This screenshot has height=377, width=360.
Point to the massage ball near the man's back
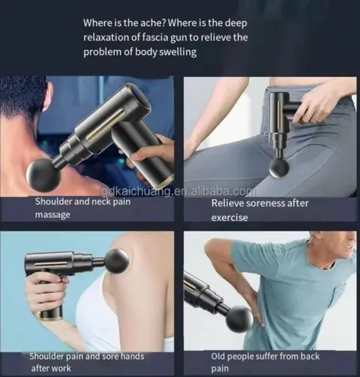click(239, 319)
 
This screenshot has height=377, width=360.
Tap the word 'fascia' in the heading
click(155, 38)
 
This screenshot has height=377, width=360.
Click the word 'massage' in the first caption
click(53, 215)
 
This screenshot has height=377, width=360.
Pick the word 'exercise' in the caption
click(229, 218)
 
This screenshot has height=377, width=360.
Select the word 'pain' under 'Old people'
click(220, 369)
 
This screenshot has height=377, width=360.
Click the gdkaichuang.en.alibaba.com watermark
click(179, 192)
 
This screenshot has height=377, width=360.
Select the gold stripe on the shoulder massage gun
click(51, 264)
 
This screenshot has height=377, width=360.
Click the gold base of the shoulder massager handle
click(51, 318)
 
